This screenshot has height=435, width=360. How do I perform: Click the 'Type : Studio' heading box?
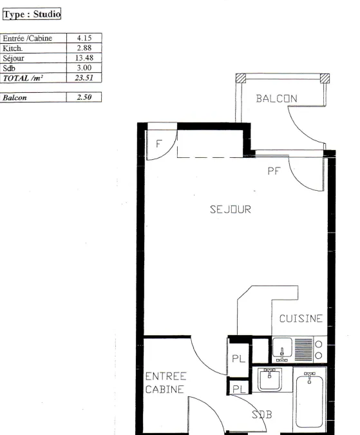[x=32, y=14]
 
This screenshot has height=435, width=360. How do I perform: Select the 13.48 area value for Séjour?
[x=84, y=58]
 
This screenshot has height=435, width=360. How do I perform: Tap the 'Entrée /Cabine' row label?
[x=28, y=38]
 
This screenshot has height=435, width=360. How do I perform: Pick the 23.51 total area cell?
[x=84, y=78]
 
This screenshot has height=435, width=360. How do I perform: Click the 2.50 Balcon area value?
[x=84, y=97]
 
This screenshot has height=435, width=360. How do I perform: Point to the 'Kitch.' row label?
[x=12, y=48]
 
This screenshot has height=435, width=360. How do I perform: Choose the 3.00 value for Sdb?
[x=84, y=68]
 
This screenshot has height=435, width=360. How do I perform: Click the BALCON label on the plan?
[x=276, y=99]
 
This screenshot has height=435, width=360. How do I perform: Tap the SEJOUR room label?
[x=231, y=209]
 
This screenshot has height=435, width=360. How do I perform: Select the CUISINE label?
[x=301, y=318]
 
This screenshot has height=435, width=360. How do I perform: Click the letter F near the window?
[x=159, y=144]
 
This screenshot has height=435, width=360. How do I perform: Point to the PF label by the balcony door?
[x=274, y=171]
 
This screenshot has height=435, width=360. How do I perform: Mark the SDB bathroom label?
[x=262, y=414]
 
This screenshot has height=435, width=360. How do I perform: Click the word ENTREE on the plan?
[x=166, y=376]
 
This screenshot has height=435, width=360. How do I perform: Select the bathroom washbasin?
[x=270, y=379]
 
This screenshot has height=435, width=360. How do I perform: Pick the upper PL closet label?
[x=239, y=359]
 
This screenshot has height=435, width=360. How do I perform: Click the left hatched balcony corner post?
[x=241, y=78]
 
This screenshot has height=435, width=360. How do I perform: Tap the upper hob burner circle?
[x=319, y=345]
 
